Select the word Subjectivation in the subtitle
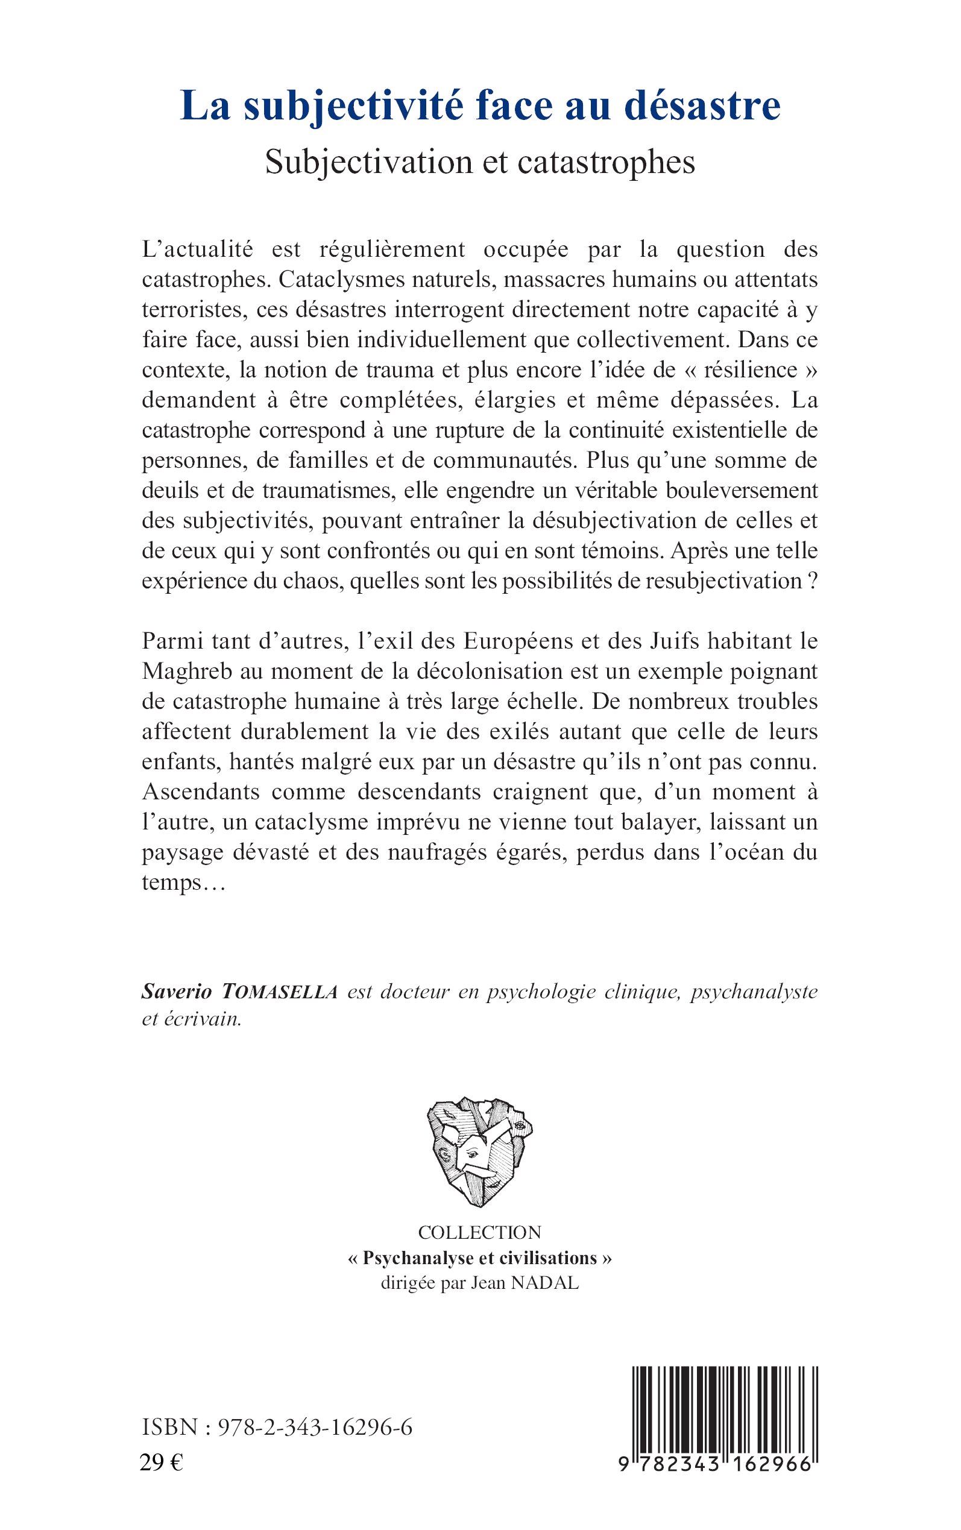tap(368, 162)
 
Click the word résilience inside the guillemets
tap(751, 370)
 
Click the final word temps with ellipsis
tap(183, 883)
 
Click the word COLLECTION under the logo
tap(480, 1232)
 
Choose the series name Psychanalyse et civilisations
tap(480, 1258)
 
